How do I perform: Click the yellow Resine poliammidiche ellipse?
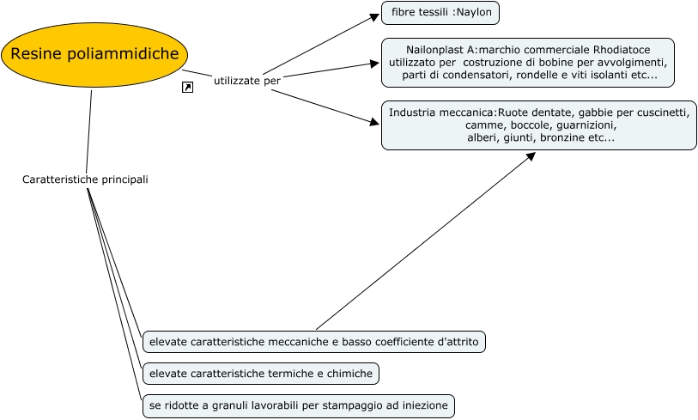pos(95,55)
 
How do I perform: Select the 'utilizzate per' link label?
pos(247,80)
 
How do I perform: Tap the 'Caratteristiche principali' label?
pos(85,180)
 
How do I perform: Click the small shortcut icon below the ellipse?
pos(187,88)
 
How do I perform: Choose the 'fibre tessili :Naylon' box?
pos(440,14)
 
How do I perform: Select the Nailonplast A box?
pos(527,63)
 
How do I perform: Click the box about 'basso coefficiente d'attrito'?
pos(314,342)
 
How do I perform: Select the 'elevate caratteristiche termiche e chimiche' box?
pos(260,374)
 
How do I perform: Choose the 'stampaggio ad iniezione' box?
pos(296,405)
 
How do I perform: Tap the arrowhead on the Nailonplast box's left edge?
pos(375,63)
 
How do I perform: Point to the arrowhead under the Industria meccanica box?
pos(531,156)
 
